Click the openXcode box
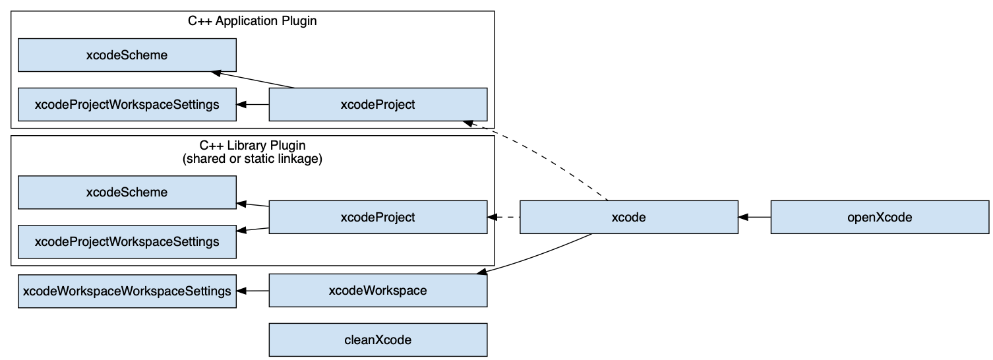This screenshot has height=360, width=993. (880, 217)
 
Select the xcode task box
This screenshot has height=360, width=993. (628, 217)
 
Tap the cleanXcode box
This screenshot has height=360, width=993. (378, 340)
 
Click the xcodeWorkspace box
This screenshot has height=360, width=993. (378, 291)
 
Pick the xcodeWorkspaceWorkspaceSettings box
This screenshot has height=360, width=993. (127, 291)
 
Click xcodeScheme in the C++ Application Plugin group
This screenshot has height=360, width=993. (127, 55)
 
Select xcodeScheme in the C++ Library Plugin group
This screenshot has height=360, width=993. (127, 193)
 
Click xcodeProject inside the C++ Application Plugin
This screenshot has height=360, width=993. (378, 104)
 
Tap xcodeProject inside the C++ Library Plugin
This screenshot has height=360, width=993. (378, 217)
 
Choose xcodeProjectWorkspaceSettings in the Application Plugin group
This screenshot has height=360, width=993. (127, 104)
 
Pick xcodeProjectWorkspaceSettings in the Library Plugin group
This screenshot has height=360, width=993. (127, 242)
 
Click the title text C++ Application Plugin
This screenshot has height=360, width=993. (253, 20)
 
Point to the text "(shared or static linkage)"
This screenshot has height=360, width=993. (253, 160)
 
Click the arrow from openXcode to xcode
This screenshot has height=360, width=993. (754, 217)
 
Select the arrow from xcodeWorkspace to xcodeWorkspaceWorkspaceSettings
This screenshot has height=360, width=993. (253, 291)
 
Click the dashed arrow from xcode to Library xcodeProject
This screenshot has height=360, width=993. (504, 217)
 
